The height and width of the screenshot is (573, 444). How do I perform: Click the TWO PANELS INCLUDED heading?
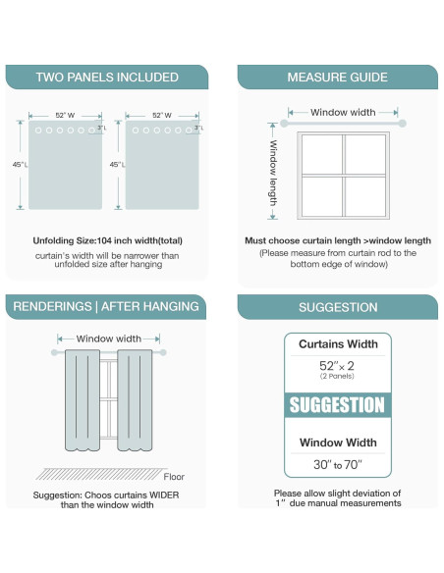coord(107,78)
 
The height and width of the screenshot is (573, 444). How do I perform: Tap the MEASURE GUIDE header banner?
coord(337,78)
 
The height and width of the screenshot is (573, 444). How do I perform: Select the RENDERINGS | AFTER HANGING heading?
coord(106,306)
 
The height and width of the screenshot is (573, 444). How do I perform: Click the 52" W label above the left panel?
coord(65,115)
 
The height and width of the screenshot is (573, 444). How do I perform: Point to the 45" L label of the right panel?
coord(117,165)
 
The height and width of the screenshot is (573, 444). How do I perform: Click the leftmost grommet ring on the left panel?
coord(38,130)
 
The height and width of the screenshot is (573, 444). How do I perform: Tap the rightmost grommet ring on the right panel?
coord(189,130)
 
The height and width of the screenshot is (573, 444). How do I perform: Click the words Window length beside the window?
coord(273,173)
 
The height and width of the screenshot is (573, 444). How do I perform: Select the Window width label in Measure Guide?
coord(343,112)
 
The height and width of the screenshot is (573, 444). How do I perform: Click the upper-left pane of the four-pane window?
coord(322,154)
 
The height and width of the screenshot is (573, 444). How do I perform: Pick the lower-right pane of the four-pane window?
coord(365,196)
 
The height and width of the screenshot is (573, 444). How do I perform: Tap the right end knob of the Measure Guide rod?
coord(403,124)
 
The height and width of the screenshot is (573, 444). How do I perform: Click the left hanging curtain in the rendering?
coord(83,400)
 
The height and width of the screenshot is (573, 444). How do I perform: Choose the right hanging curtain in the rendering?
coord(135,400)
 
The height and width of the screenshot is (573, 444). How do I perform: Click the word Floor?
coord(174,477)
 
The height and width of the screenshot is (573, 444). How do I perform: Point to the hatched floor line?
coord(100,474)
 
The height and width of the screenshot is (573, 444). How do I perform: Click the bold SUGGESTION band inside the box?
coord(338,405)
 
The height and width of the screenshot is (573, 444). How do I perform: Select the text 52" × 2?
coord(337,365)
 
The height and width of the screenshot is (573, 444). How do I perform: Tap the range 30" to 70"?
coord(338,464)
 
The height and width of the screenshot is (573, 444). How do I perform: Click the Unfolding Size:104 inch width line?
coord(107,240)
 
